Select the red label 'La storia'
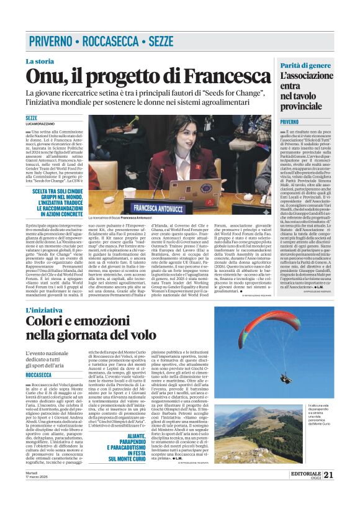[x=40, y=61]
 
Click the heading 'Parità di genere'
[x=305, y=65]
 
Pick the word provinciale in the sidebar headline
[x=304, y=106]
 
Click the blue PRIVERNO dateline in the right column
[x=289, y=122]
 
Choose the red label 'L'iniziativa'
[x=45, y=310]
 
